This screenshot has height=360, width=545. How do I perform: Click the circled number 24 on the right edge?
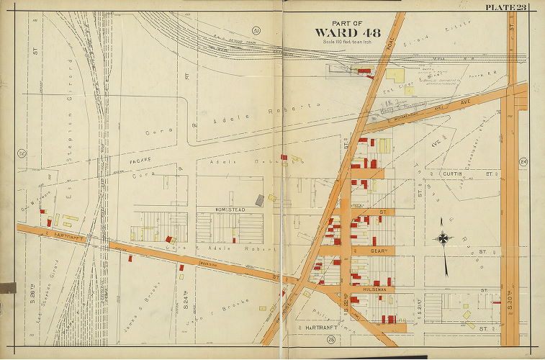click(x=524, y=163)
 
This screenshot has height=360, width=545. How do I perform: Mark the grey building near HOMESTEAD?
click(x=259, y=200)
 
